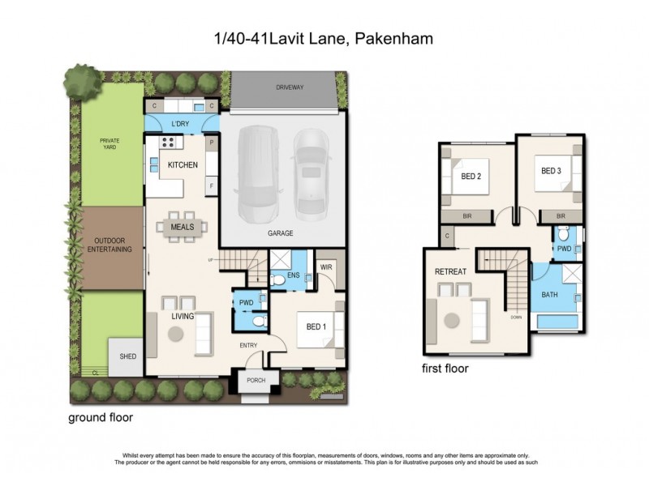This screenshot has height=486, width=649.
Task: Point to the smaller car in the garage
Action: pos(309,173)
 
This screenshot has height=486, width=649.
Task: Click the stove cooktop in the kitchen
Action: pos(169,143)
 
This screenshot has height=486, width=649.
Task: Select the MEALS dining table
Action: pos(183,228)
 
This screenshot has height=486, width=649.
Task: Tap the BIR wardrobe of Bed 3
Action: pos(561,215)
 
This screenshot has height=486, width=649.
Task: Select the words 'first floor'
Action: pos(444,367)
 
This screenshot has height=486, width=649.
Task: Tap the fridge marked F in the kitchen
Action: pos(212,185)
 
